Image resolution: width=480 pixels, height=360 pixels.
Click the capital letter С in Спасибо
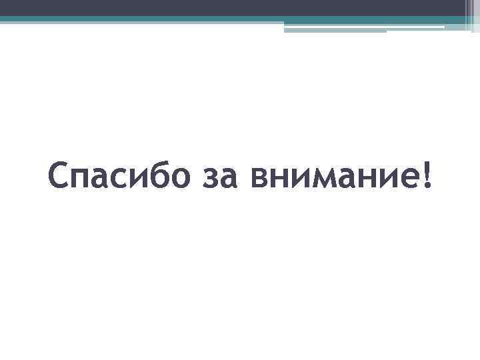coord(59,177)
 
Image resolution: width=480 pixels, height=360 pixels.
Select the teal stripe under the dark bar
coord(200,19)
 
